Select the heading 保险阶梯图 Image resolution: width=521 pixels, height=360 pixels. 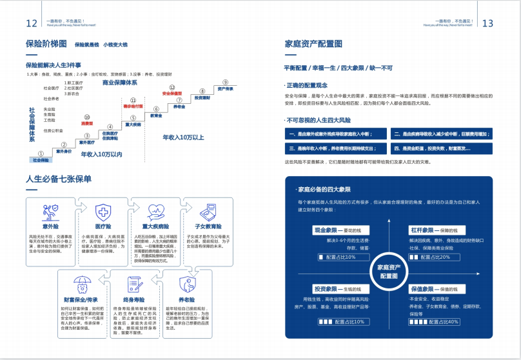click(46, 44)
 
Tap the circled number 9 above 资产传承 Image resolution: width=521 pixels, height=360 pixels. click(225, 82)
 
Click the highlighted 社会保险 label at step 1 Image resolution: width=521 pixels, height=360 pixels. click(41, 160)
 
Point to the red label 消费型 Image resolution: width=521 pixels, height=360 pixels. click(87, 123)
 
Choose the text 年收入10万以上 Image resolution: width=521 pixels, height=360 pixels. click(183, 137)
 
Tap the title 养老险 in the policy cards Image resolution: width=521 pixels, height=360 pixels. click(186, 300)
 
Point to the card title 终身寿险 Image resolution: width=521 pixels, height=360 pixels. click(133, 300)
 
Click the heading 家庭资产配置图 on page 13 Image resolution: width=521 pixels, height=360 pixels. click(313, 44)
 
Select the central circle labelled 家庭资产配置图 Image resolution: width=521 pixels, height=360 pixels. click(389, 271)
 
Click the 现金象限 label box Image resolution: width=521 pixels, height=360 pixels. click(327, 230)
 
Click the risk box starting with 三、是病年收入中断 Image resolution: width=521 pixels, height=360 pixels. click(337, 148)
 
